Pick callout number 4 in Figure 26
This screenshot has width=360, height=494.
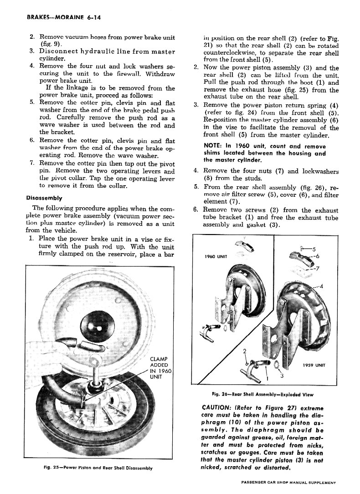[321, 286]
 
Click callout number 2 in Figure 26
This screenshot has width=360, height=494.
[245, 351]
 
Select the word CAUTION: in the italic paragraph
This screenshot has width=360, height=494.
[219, 408]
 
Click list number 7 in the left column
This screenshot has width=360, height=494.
[32, 163]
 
